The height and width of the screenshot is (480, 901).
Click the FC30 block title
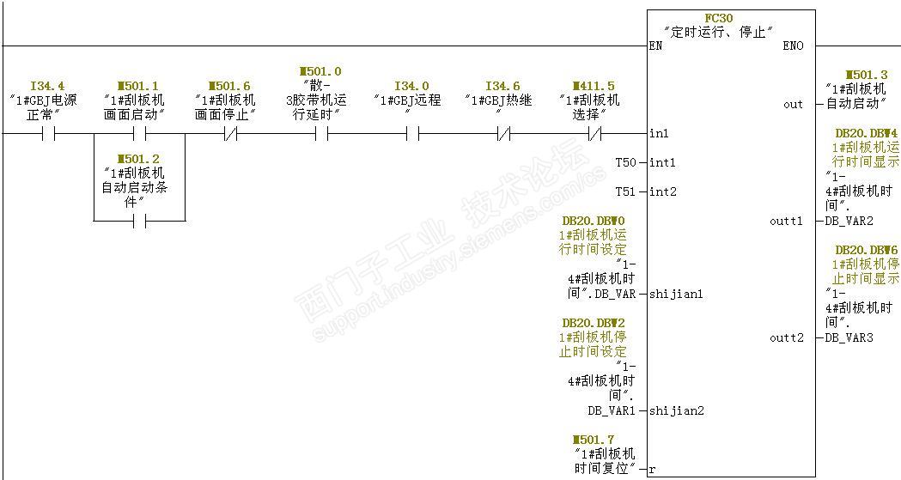(x=719, y=18)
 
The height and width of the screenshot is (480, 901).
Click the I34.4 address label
(x=47, y=86)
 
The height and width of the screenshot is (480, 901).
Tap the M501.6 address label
(x=229, y=86)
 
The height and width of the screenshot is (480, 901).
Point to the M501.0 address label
(x=320, y=72)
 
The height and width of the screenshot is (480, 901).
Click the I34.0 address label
(x=411, y=86)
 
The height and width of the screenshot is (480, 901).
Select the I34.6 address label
(x=502, y=86)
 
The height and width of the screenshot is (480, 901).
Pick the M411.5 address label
(x=594, y=86)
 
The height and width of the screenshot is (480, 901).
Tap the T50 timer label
(x=626, y=162)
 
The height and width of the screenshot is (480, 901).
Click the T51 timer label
(x=626, y=191)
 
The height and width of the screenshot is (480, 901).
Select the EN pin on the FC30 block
(x=656, y=46)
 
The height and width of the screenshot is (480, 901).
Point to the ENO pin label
(x=794, y=46)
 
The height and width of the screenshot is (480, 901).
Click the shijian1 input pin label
(x=676, y=295)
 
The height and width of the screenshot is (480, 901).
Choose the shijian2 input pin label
(x=676, y=410)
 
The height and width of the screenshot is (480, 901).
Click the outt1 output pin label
(x=787, y=222)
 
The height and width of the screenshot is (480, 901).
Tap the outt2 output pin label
(x=787, y=338)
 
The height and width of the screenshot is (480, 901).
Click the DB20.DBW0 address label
(x=594, y=222)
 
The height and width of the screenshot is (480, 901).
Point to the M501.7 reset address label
(x=605, y=441)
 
